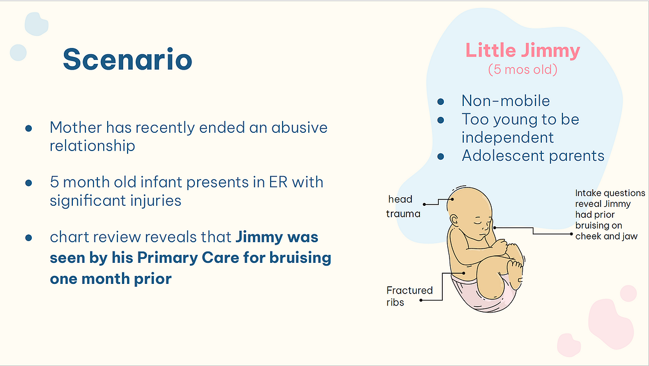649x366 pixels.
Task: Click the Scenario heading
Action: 128,59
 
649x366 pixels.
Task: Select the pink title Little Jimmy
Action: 523,51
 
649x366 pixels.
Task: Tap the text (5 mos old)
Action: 523,69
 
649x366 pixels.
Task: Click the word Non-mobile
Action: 505,100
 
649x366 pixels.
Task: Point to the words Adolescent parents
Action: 533,156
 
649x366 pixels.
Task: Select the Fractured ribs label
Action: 409,296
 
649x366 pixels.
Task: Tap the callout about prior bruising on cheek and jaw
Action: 610,214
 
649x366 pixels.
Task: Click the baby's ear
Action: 454,220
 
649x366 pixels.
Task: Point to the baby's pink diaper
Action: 484,295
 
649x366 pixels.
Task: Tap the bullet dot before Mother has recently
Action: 28,128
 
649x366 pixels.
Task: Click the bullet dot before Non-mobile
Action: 441,101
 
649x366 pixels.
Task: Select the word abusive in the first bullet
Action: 299,128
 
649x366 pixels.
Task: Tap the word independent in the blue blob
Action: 508,137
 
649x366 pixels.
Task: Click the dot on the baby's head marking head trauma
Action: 452,199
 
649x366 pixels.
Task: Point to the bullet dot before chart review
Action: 28,238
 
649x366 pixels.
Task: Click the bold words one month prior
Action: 111,279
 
